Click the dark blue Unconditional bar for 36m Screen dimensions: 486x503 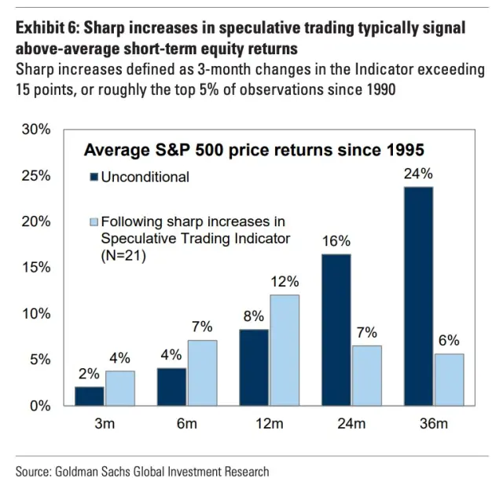(419, 296)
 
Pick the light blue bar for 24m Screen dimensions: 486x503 (366, 375)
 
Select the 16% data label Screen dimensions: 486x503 (336, 242)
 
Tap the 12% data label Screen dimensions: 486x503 (285, 281)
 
